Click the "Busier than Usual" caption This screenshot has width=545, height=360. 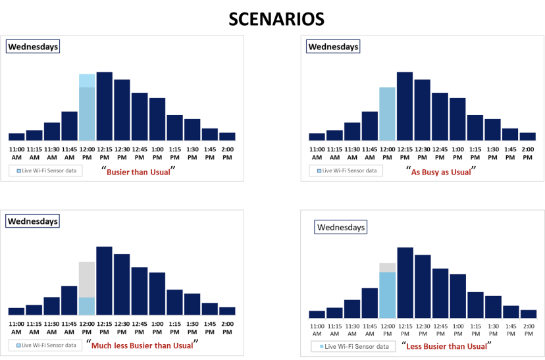click(x=140, y=171)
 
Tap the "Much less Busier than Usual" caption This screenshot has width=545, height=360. click(x=142, y=345)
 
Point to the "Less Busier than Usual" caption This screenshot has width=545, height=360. click(x=447, y=346)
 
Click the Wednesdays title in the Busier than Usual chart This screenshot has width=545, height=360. click(x=33, y=47)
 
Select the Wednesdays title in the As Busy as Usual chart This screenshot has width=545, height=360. click(x=333, y=47)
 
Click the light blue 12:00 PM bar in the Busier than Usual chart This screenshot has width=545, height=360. click(x=87, y=109)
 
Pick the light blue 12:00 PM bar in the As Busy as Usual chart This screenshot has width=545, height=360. click(x=387, y=114)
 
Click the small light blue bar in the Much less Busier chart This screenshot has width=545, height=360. click(x=87, y=306)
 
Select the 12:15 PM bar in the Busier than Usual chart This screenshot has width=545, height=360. click(x=104, y=106)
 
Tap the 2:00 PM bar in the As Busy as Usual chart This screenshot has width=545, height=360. click(x=528, y=136)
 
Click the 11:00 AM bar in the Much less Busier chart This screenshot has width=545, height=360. click(x=16, y=311)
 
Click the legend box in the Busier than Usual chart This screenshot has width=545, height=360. click(x=45, y=170)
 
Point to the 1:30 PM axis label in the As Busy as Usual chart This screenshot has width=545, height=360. click(x=492, y=153)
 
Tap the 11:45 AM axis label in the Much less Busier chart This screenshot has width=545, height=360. click(x=69, y=327)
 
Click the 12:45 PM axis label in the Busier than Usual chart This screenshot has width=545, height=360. click(x=140, y=153)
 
